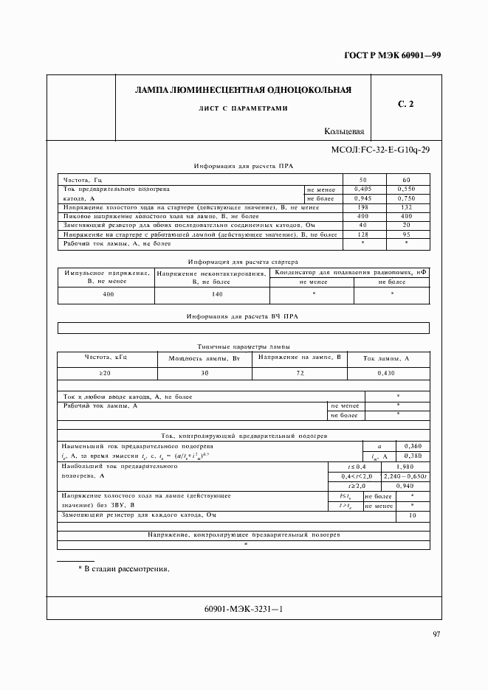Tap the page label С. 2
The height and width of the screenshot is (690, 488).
click(405, 105)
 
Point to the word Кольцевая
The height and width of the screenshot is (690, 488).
click(344, 132)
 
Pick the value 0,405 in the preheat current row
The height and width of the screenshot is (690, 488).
click(362, 189)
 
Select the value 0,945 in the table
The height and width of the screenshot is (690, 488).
click(362, 198)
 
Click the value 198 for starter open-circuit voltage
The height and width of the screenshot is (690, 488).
click(362, 207)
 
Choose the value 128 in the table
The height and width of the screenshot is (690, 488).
click(362, 234)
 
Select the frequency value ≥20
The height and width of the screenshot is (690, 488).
click(106, 374)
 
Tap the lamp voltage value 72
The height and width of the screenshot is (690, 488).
click(300, 374)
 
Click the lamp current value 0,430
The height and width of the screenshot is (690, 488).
click(385, 374)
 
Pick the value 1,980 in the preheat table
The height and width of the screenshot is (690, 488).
click(405, 467)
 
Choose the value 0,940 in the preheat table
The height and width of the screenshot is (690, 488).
click(405, 487)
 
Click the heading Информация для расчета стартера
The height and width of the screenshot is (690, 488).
click(242, 261)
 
